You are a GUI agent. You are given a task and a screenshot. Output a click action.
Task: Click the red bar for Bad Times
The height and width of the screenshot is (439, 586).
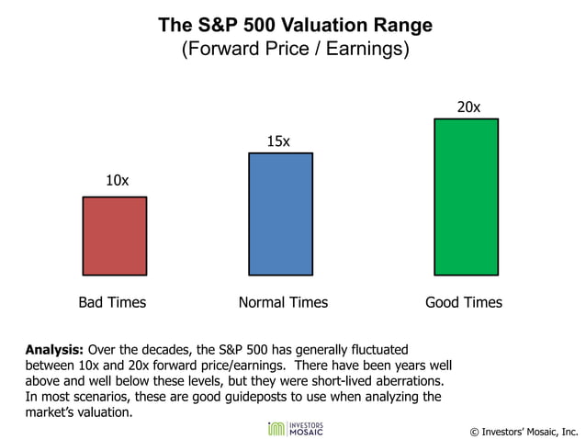(x=114, y=236)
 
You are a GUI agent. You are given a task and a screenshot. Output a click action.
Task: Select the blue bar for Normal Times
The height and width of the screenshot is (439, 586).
(x=280, y=214)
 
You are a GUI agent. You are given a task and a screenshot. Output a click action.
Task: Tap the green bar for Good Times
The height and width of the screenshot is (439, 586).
(x=466, y=197)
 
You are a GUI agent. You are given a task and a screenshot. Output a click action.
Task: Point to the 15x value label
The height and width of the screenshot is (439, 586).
(x=278, y=141)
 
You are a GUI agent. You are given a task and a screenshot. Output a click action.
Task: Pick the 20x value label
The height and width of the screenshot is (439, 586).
(x=468, y=107)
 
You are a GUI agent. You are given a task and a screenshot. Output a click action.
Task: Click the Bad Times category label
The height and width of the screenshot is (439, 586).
(x=112, y=302)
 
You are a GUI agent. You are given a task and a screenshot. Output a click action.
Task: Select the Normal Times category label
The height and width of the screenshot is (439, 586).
(x=283, y=302)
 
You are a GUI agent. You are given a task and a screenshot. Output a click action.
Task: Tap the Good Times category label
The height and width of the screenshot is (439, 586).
(x=464, y=302)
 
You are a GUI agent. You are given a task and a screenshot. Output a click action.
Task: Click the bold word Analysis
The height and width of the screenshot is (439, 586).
(x=54, y=350)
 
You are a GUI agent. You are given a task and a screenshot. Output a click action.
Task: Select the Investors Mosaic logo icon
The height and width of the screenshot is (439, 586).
(x=274, y=429)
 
